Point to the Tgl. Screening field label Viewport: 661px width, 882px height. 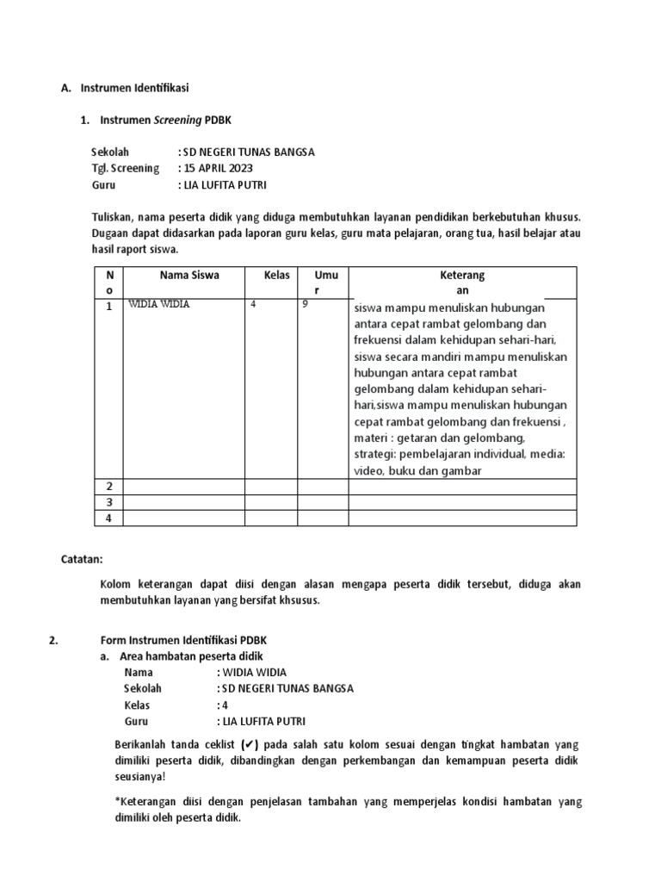pos(125,168)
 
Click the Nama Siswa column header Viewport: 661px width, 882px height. pos(188,276)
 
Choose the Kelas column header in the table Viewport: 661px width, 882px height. pos(277,276)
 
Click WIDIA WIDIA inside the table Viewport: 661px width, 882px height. pos(159,305)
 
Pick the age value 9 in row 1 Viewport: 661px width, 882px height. pos(306,305)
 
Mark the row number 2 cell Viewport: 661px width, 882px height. pos(109,487)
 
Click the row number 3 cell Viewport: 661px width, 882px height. pos(109,502)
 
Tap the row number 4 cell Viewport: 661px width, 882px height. pos(109,518)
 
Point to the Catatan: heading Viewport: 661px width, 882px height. pos(81,560)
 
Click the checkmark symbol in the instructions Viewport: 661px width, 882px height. pos(248,745)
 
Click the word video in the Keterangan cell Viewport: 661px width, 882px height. pos(368,471)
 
